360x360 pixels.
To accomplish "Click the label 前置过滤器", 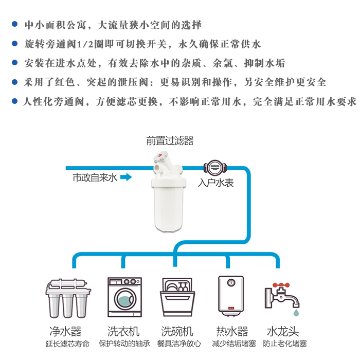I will pyautogui.click(x=169, y=141).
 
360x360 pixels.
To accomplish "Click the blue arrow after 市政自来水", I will pyautogui.click(x=126, y=178).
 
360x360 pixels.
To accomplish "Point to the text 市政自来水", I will pyautogui.click(x=95, y=178).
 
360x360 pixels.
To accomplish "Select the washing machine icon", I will pyautogui.click(x=123, y=298).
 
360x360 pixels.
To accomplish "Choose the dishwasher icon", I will pyautogui.click(x=177, y=298).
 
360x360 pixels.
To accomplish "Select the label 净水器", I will pyautogui.click(x=66, y=331).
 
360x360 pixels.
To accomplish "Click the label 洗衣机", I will pyautogui.click(x=123, y=331).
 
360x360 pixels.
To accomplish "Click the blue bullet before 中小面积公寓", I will pyautogui.click(x=15, y=25).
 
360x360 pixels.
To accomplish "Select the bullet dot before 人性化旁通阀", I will pyautogui.click(x=15, y=101).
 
